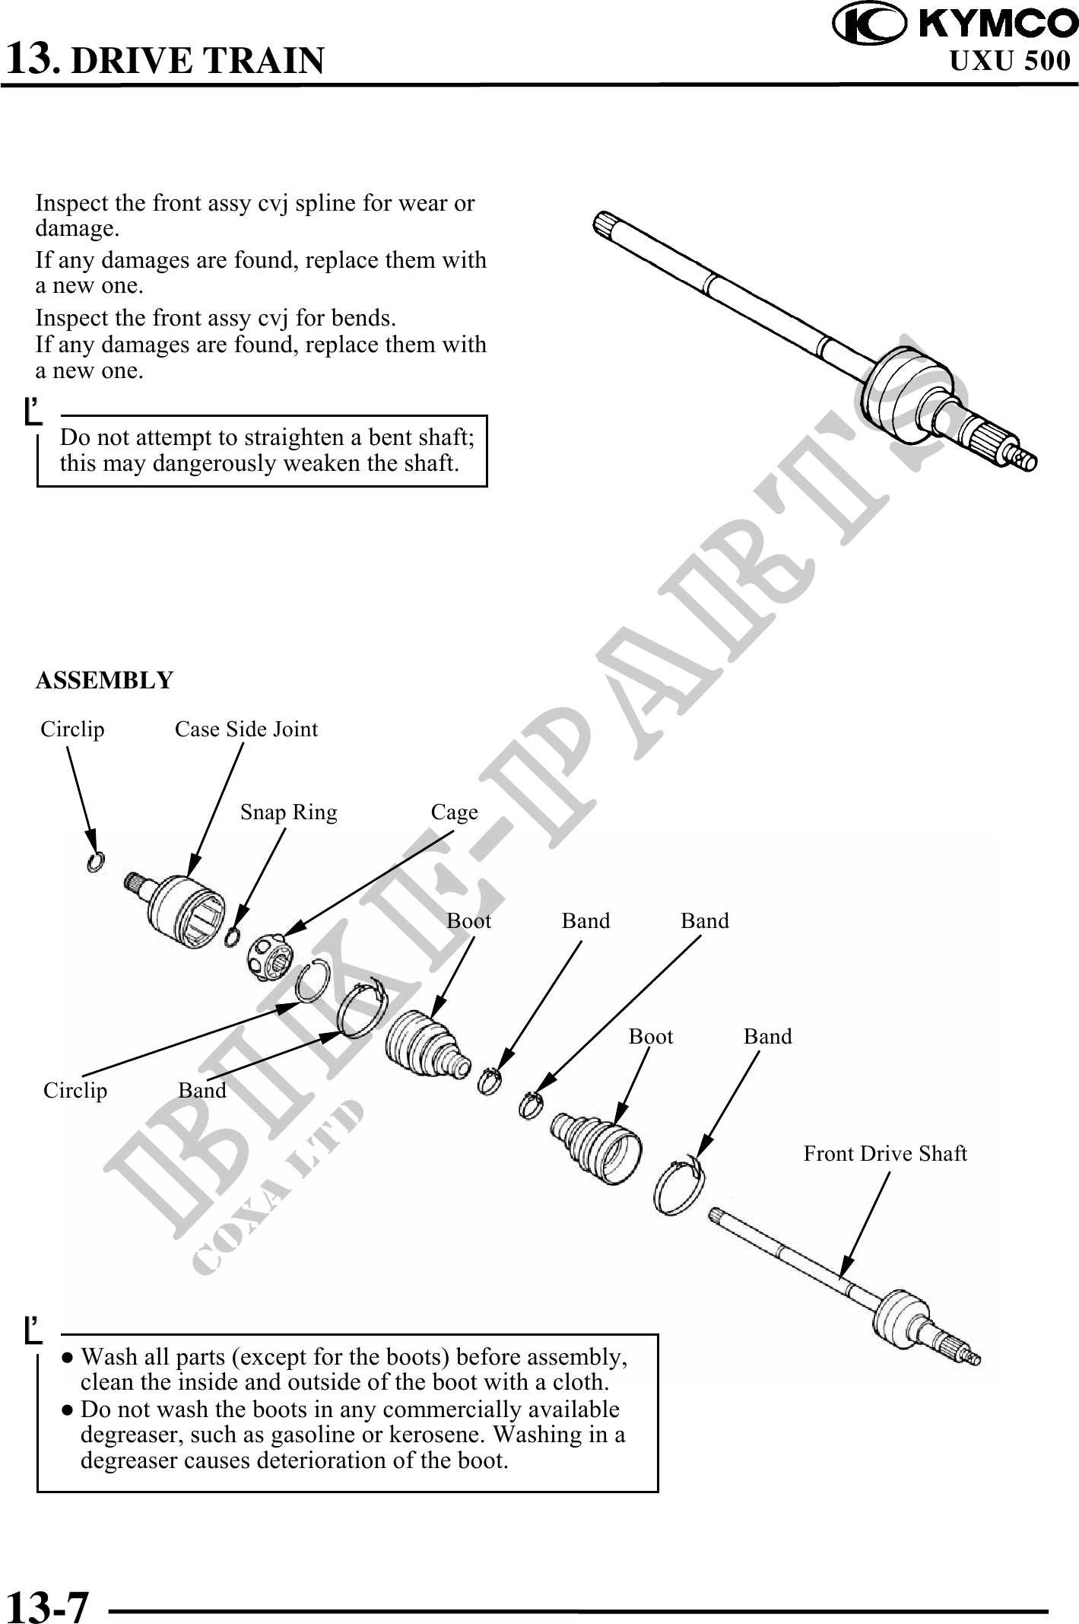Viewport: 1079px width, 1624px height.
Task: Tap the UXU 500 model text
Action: click(x=1011, y=61)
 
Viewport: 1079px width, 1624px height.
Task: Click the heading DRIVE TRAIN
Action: click(x=197, y=60)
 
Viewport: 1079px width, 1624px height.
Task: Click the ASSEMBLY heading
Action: click(x=105, y=679)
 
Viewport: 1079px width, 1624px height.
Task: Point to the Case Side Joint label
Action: click(x=246, y=729)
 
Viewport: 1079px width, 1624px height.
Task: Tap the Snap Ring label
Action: click(x=289, y=812)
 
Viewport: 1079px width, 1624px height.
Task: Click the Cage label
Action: click(x=455, y=812)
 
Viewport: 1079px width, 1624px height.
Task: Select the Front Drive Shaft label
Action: click(x=885, y=1154)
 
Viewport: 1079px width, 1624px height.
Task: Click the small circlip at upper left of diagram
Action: click(x=96, y=862)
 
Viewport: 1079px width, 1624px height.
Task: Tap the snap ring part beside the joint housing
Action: click(x=233, y=938)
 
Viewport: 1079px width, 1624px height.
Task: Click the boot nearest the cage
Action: click(x=426, y=1043)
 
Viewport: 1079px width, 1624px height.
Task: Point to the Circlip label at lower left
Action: click(x=75, y=1091)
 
